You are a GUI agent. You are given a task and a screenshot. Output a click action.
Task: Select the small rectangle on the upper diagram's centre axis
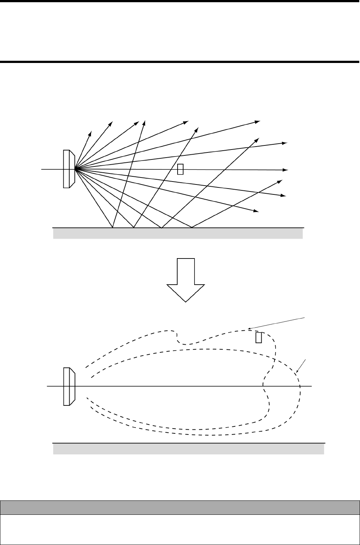coord(180,169)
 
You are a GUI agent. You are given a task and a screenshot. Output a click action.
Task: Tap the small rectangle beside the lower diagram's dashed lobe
coord(259,338)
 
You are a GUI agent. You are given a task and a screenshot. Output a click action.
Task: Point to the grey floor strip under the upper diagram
coord(178,233)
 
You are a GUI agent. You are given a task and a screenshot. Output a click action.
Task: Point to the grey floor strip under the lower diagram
coord(189,449)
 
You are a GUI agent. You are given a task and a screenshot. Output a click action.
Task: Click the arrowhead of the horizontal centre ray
coord(286,170)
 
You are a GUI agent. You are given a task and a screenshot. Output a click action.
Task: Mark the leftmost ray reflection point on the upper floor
coord(113,228)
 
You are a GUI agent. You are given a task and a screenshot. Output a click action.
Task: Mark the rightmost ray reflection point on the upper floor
coord(192,228)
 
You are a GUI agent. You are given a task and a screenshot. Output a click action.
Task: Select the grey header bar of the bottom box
coord(180,507)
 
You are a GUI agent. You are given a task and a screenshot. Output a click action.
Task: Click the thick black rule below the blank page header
coord(180,61)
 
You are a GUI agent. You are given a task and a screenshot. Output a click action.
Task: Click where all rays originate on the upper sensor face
coord(75,169)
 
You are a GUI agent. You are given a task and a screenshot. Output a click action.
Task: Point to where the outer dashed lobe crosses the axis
coord(300,386)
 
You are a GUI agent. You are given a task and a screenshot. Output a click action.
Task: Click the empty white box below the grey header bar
coord(180,529)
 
